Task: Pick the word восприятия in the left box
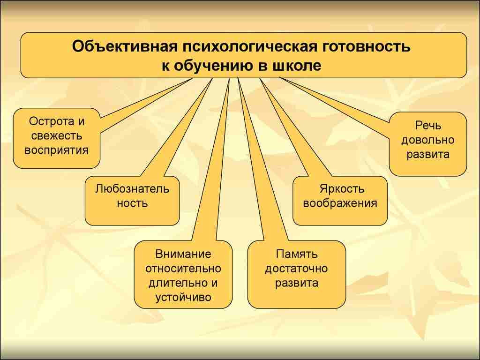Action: coord(56,150)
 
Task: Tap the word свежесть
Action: coord(56,136)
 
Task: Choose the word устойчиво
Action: coord(183,298)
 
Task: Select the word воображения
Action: coord(340,203)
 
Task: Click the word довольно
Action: coord(428,140)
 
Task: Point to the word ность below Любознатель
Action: coord(132,203)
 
